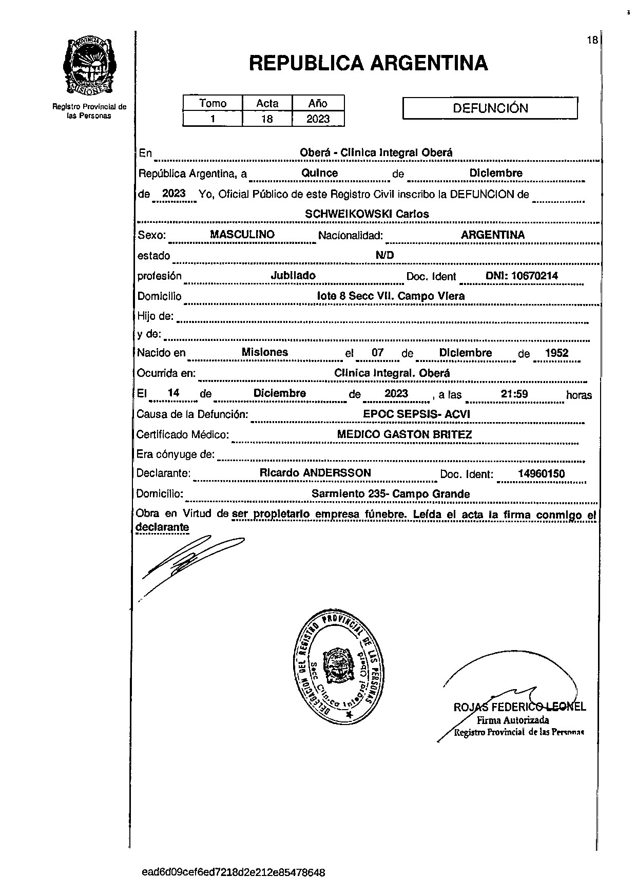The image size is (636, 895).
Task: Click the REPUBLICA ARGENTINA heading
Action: coord(368,63)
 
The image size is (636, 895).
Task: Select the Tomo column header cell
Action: coord(213,103)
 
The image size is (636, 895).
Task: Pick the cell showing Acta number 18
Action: coord(267,119)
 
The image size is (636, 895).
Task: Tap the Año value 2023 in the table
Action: coord(318,119)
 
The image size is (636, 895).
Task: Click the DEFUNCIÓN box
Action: coord(490,108)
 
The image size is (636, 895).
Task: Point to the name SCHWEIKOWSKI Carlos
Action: coord(367,214)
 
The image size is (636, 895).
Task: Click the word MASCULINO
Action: coord(242,234)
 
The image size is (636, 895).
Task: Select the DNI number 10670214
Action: coord(522,276)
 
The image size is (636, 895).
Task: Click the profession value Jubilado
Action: coord(293,276)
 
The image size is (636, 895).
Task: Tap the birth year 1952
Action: coord(556,353)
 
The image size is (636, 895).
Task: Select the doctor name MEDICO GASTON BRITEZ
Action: coord(404,434)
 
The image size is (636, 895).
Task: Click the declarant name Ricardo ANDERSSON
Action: coord(315,473)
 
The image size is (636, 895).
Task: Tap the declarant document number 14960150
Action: coord(541,473)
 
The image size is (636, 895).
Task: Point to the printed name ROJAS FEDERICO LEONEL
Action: coord(519,707)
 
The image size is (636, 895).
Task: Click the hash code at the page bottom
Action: coord(233,872)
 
